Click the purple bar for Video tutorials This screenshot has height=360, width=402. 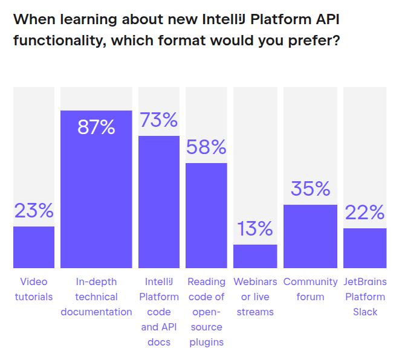[34, 247]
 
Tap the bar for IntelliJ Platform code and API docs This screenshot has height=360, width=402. [159, 202]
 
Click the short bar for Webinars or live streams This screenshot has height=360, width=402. [255, 256]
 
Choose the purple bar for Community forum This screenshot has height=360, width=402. [310, 236]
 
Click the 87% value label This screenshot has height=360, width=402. [96, 127]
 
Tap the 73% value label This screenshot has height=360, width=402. [159, 120]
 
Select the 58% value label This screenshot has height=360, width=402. [206, 147]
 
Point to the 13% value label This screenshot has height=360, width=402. [255, 228]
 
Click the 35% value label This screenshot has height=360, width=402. [310, 188]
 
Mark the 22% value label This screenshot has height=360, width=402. [365, 212]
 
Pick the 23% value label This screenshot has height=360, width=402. [34, 210]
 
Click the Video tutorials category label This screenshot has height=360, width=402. [34, 289]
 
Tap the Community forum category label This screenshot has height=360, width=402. [310, 289]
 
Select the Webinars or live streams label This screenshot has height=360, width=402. [255, 297]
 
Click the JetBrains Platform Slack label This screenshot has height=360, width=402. [365, 297]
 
